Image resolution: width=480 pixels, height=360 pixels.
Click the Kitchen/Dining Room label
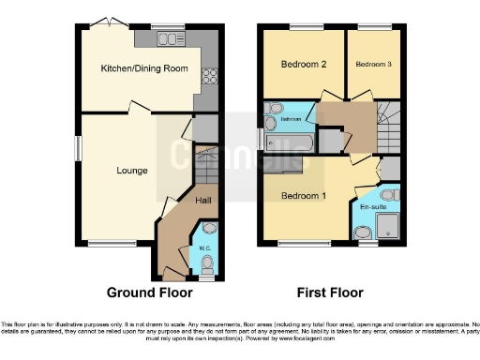[144, 68]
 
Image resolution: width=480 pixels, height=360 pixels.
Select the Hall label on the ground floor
[202, 200]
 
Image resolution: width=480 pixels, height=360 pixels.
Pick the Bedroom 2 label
[304, 65]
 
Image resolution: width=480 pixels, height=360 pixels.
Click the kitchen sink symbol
[170, 38]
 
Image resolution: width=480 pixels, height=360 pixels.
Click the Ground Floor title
[143, 292]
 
